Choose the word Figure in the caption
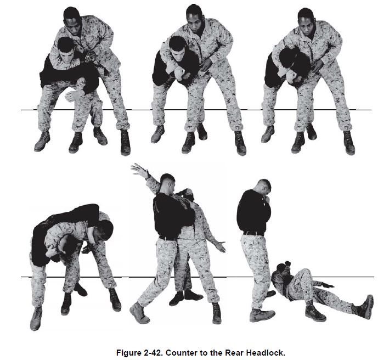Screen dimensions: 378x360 tap(129, 353)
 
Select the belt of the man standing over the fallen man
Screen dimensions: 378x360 tap(253, 233)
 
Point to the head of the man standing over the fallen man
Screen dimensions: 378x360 tap(263, 187)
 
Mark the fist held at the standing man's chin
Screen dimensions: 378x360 tap(267, 199)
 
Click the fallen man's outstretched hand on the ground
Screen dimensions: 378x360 tap(328, 285)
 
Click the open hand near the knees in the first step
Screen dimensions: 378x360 tap(73, 95)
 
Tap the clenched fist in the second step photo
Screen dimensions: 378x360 tap(179, 72)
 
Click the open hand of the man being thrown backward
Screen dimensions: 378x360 tap(221, 246)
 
